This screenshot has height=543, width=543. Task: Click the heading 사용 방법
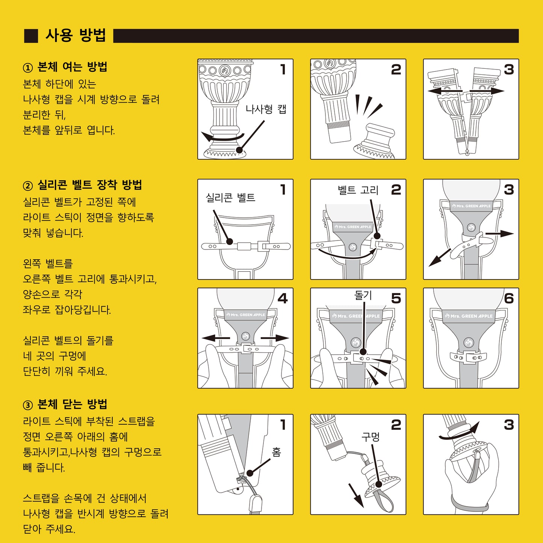tap(76, 35)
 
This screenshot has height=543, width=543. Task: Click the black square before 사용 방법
tap(31, 36)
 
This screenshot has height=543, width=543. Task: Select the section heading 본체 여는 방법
tap(72, 67)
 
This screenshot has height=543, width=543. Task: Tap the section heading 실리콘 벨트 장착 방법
tap(89, 185)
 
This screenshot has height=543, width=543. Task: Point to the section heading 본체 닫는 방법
tap(72, 404)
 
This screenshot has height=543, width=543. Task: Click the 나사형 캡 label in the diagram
tap(266, 109)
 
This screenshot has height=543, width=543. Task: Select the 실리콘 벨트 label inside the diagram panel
tap(230, 198)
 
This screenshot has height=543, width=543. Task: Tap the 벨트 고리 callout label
tap(358, 190)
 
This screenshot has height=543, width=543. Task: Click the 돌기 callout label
tap(363, 295)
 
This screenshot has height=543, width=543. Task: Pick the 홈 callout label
tap(277, 452)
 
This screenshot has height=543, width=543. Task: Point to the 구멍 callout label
tap(371, 437)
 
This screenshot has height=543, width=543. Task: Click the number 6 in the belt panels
tap(509, 298)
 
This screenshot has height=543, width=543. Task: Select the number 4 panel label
tap(283, 298)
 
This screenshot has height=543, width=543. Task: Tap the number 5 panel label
tap(396, 298)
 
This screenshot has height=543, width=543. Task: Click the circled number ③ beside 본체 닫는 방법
tap(28, 405)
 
